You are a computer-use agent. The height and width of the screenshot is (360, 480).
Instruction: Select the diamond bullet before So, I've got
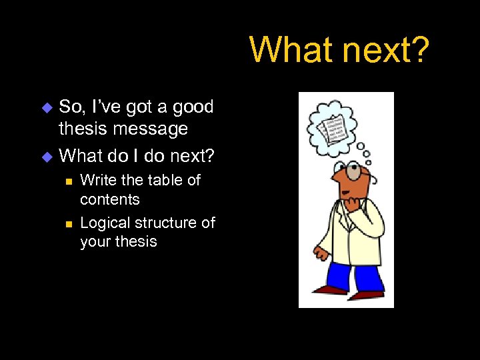point(46,107)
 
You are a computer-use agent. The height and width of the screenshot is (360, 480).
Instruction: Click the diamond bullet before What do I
point(46,157)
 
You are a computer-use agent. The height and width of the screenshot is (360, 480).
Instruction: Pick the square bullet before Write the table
point(68,181)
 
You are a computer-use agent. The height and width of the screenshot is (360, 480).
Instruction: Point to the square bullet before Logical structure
point(68,223)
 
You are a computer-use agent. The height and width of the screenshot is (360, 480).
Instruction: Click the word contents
point(110,199)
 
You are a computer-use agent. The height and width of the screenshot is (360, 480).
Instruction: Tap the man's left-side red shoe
point(331,289)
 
